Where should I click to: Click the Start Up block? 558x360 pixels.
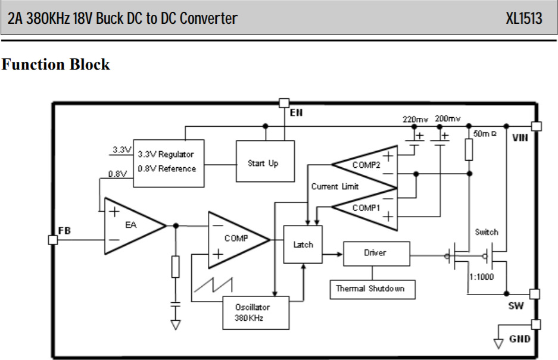pos(265,162)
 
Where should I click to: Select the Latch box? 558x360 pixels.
pos(303,245)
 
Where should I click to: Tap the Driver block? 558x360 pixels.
pos(376,253)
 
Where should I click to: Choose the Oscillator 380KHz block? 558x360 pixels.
pos(255,312)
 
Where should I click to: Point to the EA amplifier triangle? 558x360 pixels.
pos(132,226)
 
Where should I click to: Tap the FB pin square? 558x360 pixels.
pos(52,239)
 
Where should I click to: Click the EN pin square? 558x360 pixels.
pos(284,104)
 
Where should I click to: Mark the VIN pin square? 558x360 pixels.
pos(537,126)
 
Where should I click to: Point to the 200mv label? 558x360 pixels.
pos(448,119)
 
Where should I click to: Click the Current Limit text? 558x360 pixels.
pos(335,186)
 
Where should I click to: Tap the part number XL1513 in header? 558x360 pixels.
pos(523,18)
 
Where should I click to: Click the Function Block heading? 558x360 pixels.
pos(55,64)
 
